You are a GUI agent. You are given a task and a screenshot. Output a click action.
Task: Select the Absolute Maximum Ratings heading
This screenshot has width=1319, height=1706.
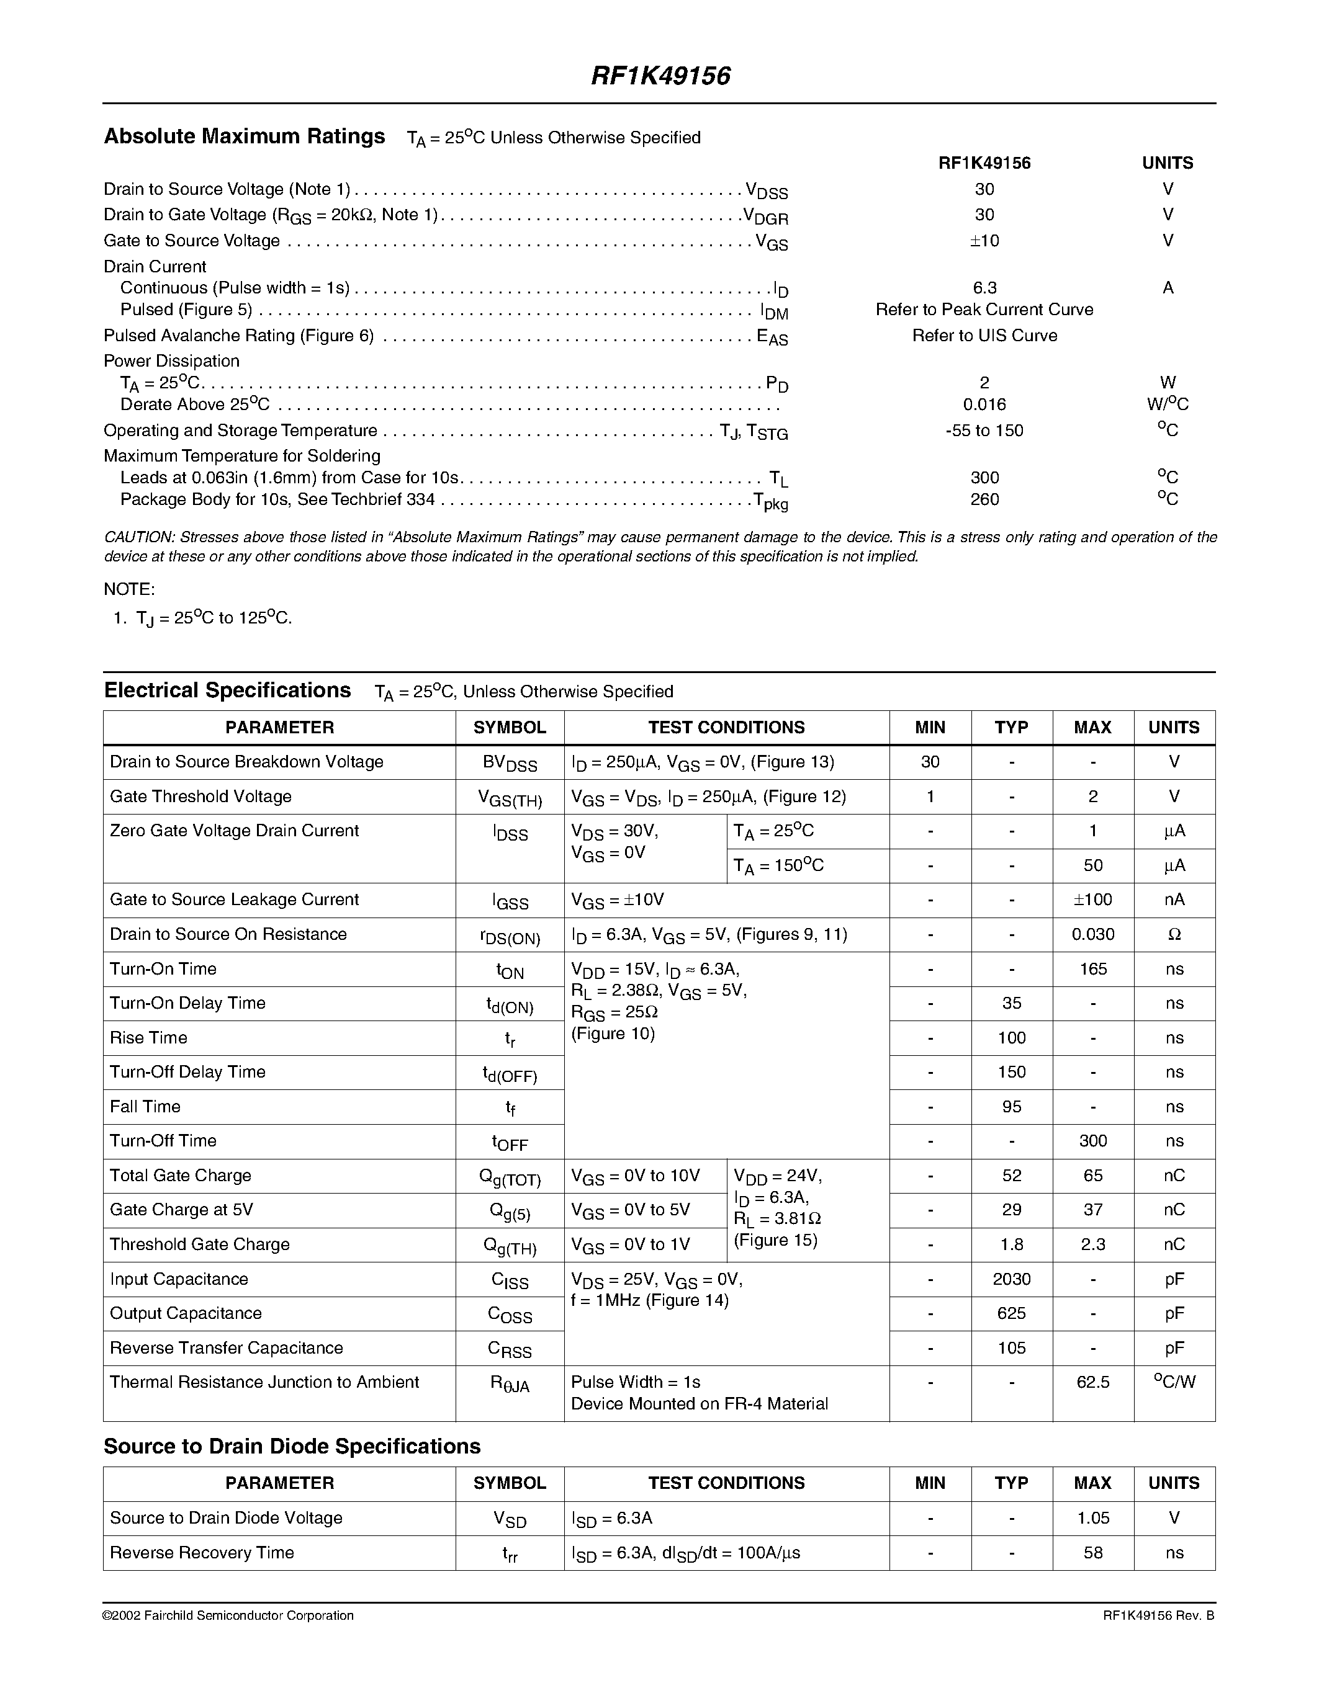pyautogui.click(x=244, y=136)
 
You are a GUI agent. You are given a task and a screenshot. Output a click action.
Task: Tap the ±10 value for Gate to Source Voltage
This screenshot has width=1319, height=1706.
pyautogui.click(x=984, y=241)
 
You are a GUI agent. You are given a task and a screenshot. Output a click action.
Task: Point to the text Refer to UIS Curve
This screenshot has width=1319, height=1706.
pyautogui.click(x=984, y=335)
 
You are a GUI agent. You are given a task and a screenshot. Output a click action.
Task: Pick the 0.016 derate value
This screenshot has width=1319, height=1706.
pyautogui.click(x=984, y=404)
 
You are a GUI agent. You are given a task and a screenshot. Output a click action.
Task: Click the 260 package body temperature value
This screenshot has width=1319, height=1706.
pyautogui.click(x=984, y=499)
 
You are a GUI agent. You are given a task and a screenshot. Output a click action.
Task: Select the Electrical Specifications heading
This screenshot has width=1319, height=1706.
pyautogui.click(x=227, y=690)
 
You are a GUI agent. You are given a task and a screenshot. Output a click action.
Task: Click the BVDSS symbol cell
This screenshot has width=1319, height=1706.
pyautogui.click(x=510, y=763)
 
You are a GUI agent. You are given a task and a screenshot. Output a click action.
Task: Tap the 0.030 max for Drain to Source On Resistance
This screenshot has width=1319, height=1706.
pyautogui.click(x=1092, y=934)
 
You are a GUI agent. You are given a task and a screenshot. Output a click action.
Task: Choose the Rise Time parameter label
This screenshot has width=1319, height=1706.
pyautogui.click(x=148, y=1037)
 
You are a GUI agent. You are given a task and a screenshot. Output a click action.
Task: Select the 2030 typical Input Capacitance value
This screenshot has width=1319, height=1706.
pyautogui.click(x=1011, y=1279)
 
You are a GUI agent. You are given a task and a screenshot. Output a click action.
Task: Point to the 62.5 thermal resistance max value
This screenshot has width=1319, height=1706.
pyautogui.click(x=1092, y=1382)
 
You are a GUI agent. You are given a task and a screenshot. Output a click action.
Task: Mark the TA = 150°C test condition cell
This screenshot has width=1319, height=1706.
pyautogui.click(x=778, y=865)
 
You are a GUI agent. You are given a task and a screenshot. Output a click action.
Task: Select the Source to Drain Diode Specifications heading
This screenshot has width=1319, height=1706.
pyautogui.click(x=292, y=1447)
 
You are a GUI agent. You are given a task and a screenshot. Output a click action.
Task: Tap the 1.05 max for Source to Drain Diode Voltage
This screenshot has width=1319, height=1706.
pyautogui.click(x=1092, y=1518)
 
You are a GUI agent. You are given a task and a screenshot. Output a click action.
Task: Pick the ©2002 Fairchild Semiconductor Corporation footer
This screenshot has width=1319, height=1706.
pyautogui.click(x=228, y=1615)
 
